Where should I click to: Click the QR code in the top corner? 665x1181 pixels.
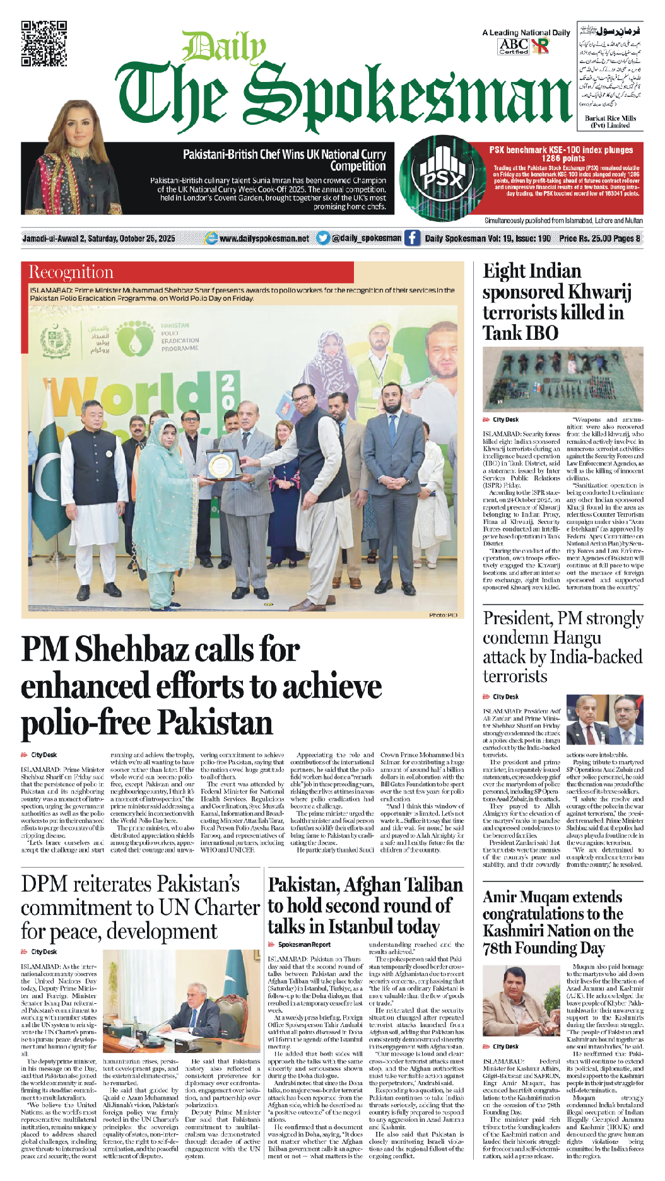[x=44, y=44]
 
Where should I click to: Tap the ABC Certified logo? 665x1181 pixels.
[x=514, y=46]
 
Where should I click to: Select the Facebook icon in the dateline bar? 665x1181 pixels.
[x=412, y=238]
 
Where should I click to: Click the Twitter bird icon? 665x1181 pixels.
[x=323, y=238]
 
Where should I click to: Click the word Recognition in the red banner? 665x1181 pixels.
[x=71, y=272]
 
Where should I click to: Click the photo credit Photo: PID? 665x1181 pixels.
[x=443, y=615]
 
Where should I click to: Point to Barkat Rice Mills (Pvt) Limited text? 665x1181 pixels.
[x=610, y=122]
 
